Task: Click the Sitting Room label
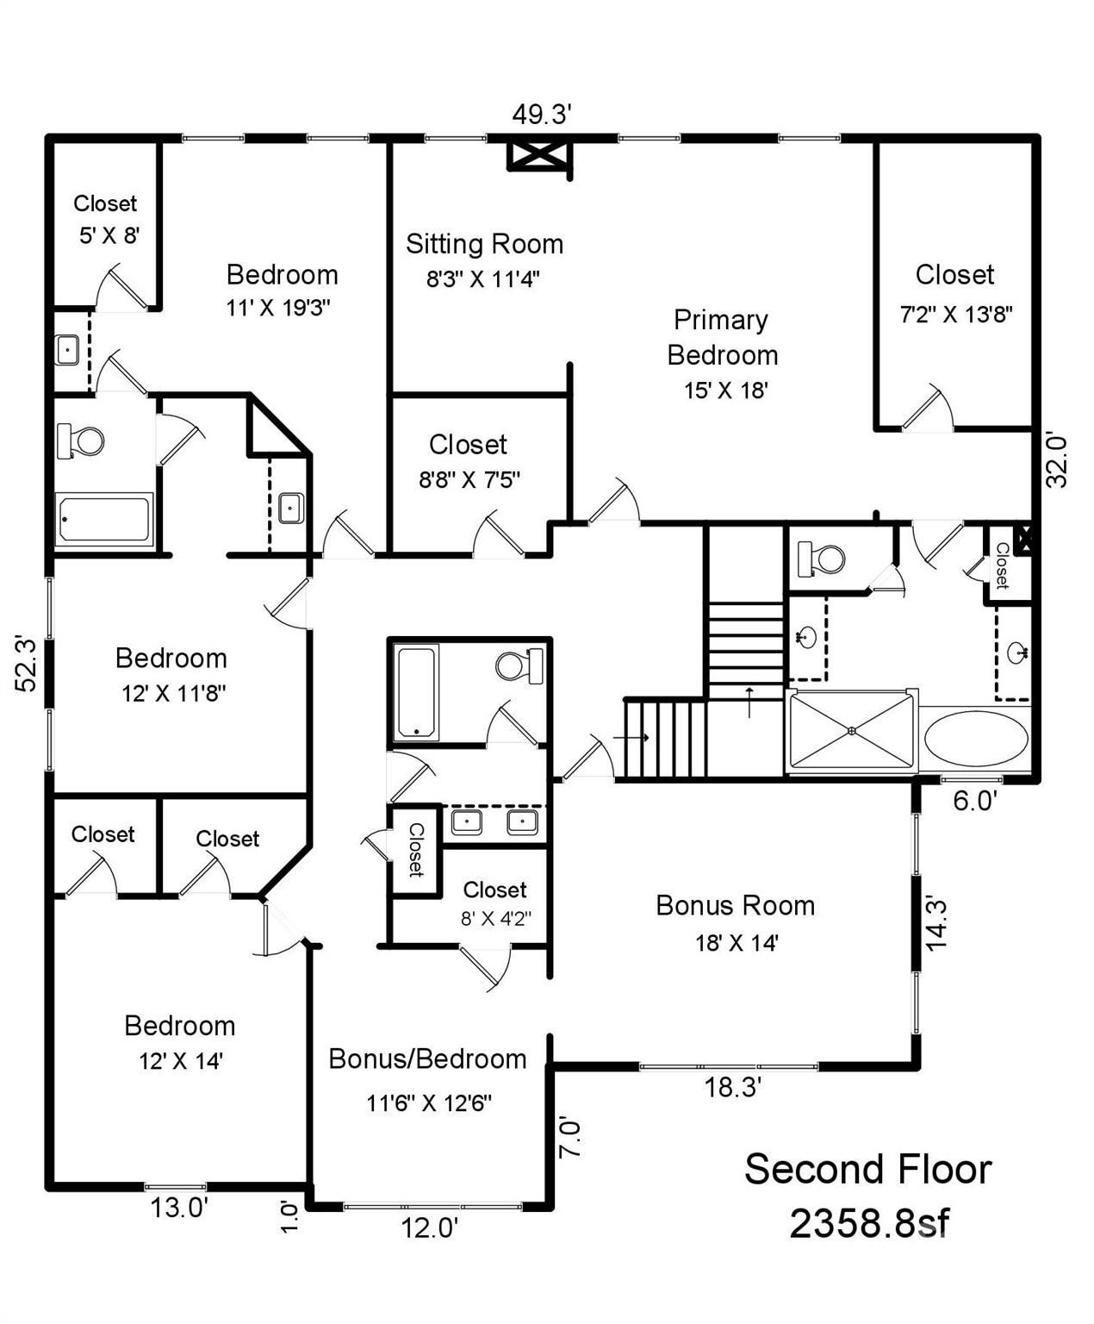click(484, 244)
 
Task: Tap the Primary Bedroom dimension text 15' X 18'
click(725, 390)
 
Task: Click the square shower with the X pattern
click(851, 731)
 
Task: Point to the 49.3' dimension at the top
click(542, 114)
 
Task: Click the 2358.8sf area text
click(868, 1222)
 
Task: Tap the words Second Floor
click(868, 1170)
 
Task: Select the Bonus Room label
click(735, 905)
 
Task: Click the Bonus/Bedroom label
click(427, 1059)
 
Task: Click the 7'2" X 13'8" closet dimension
click(955, 315)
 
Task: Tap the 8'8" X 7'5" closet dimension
click(469, 479)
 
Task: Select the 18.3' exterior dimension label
click(732, 1088)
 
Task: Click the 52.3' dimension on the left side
click(27, 663)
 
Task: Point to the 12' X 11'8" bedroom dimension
click(173, 693)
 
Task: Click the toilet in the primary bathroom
click(821, 558)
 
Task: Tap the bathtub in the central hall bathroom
click(416, 692)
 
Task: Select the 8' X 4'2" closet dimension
click(495, 918)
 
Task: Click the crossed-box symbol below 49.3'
click(538, 156)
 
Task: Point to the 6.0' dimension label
click(975, 802)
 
